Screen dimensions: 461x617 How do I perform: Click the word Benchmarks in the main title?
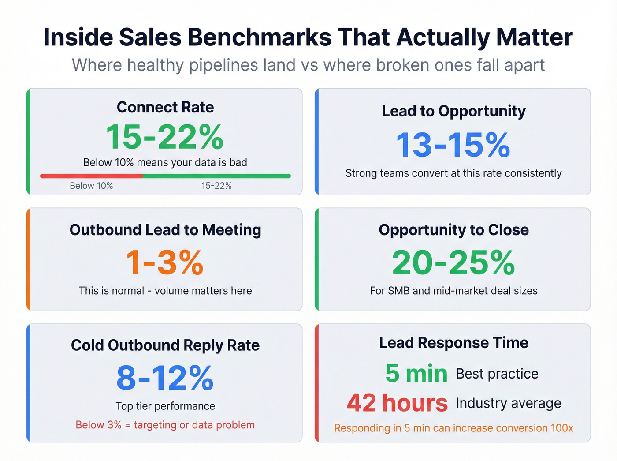(260, 37)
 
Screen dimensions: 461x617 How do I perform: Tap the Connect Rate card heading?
(165, 107)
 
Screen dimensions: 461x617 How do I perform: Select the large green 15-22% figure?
(165, 137)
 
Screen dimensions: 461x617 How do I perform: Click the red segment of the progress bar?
(91, 176)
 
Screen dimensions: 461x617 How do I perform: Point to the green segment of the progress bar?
(216, 176)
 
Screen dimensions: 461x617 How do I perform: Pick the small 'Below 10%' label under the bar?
(91, 186)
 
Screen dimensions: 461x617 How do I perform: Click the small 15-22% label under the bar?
(216, 186)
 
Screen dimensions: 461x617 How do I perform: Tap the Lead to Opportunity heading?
(453, 111)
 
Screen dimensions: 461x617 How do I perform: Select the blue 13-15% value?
(453, 145)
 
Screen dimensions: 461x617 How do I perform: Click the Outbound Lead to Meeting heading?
(165, 230)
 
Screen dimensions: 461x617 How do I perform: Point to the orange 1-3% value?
(165, 263)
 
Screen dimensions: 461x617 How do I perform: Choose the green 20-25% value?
(453, 263)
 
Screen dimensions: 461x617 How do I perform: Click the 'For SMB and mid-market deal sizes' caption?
(453, 291)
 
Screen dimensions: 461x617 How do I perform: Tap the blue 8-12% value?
(165, 378)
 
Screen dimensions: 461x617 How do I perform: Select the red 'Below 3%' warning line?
(165, 425)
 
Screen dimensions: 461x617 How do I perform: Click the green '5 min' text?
(416, 374)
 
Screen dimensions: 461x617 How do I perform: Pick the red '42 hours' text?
(397, 403)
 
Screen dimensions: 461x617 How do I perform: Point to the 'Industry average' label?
(509, 403)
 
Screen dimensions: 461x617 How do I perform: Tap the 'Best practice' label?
(497, 374)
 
